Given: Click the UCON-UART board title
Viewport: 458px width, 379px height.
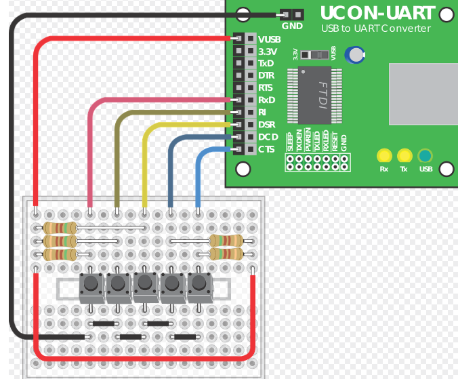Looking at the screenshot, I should pos(377,12).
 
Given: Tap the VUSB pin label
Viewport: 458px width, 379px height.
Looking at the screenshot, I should pos(270,39).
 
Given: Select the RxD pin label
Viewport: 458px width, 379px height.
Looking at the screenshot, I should pos(267,100).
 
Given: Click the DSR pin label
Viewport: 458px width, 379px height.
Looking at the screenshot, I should pos(267,125).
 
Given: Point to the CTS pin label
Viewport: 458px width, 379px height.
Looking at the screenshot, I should pos(266,149).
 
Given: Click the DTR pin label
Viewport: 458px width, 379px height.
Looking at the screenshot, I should pos(266,76).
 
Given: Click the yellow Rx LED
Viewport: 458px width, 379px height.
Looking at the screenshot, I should pos(384,155).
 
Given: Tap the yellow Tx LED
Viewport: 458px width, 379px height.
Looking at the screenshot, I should pos(404,155).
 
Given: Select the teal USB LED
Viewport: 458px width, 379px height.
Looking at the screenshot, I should pos(425,155).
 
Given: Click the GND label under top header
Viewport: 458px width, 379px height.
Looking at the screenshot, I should pos(292,26).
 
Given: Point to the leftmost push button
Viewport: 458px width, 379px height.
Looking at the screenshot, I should pos(91,285).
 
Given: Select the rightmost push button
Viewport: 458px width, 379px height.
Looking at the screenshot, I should pos(199,285).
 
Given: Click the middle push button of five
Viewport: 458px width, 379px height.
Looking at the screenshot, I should pos(145,285).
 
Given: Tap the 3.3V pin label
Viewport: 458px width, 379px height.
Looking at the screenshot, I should pos(268,52).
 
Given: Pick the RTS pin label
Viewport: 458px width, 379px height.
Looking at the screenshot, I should pos(266,88).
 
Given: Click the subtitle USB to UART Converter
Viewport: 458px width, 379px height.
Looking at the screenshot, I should pos(375,28).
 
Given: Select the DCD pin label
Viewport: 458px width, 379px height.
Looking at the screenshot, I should pos(268,137).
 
